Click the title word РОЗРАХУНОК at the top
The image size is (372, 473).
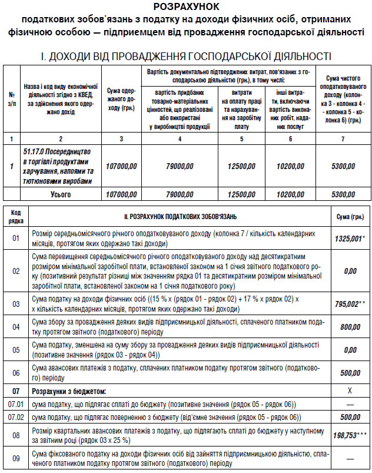pyautogui.click(x=185, y=7)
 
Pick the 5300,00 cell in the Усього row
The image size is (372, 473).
pyautogui.click(x=343, y=194)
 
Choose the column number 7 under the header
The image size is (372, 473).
pyautogui.click(x=343, y=138)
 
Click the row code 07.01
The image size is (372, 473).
pyautogui.click(x=15, y=404)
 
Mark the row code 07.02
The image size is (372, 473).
pyautogui.click(x=15, y=417)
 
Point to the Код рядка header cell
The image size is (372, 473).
pyautogui.click(x=15, y=217)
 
